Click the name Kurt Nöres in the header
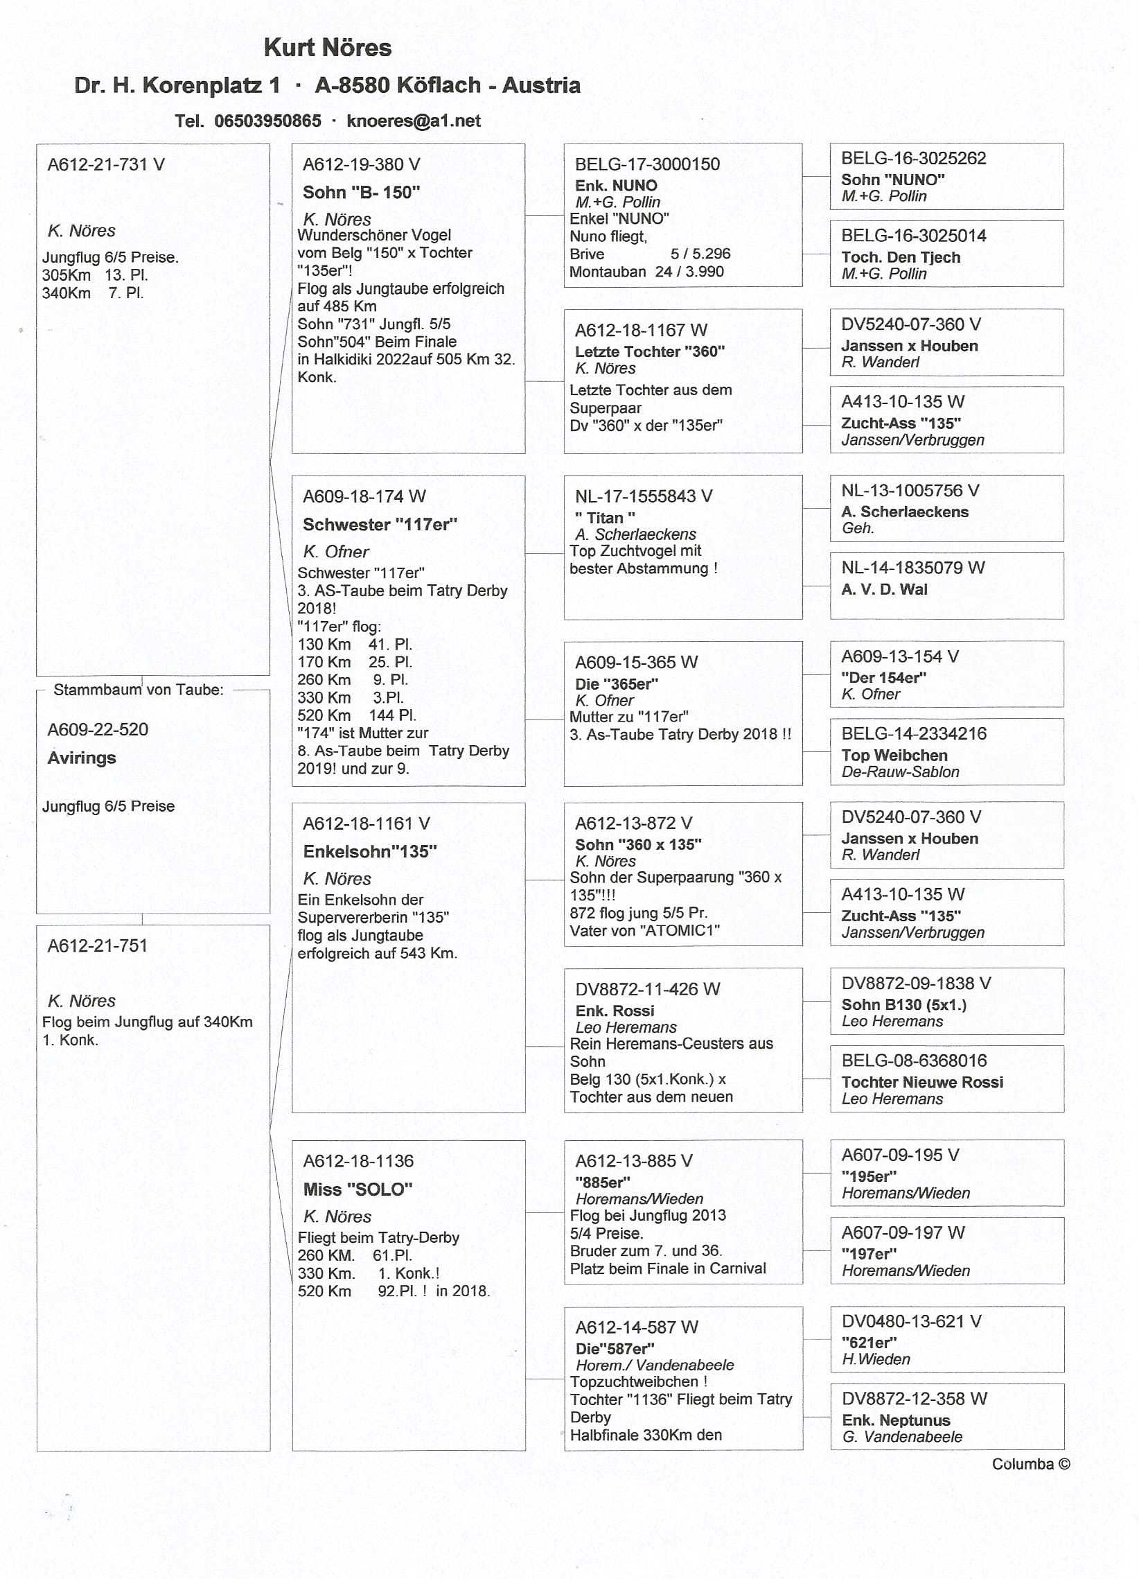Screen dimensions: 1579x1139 327,48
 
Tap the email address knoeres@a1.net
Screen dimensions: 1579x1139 414,121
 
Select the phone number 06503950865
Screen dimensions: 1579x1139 267,121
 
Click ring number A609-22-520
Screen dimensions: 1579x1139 98,730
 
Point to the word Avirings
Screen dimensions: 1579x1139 82,758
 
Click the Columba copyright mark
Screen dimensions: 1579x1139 1030,1464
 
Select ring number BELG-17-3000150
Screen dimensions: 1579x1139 647,164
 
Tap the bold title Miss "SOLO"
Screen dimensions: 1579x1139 357,1189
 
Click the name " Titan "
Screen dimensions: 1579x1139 605,518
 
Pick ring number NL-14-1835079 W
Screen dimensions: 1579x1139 912,568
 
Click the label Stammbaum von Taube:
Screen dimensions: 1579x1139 139,690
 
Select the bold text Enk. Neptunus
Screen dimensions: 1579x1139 896,1420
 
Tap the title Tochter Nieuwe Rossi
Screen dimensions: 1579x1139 922,1082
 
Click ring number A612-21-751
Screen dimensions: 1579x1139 98,945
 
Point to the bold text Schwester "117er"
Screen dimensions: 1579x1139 380,525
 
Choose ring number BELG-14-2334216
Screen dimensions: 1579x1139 914,733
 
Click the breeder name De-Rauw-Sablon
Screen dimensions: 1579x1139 900,771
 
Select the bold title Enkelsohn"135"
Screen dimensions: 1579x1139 369,851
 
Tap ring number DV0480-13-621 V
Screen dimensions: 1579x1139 911,1320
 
